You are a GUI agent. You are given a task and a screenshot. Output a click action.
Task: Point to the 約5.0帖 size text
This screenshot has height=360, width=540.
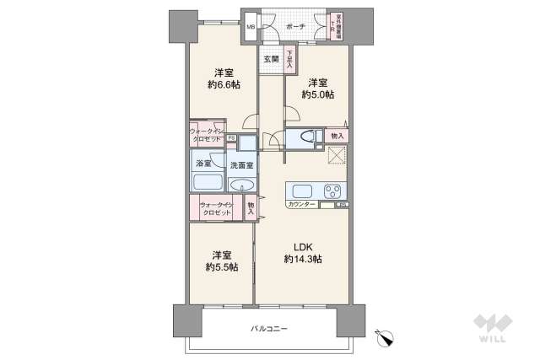click(x=316, y=95)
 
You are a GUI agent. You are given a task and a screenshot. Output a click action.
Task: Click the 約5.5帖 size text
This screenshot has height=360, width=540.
click(x=221, y=267)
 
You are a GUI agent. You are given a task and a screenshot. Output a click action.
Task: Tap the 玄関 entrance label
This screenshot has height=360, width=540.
click(x=270, y=59)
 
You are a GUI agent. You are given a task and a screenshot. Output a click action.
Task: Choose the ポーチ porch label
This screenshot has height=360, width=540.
click(x=295, y=26)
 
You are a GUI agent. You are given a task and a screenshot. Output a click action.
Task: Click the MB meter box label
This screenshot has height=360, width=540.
click(x=250, y=27)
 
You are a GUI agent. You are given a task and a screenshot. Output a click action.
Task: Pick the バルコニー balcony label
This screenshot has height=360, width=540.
click(x=268, y=327)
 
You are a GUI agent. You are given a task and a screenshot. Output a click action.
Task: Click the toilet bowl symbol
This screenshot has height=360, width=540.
click(x=303, y=137)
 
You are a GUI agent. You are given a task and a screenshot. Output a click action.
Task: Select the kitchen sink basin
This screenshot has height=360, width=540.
click(x=301, y=189)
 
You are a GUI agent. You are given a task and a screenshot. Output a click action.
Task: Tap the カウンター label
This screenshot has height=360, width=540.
click(x=301, y=205)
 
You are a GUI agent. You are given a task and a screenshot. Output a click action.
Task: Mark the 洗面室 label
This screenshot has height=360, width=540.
click(x=240, y=163)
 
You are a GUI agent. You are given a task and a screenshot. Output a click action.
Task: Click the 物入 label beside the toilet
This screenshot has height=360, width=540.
click(x=336, y=137)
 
